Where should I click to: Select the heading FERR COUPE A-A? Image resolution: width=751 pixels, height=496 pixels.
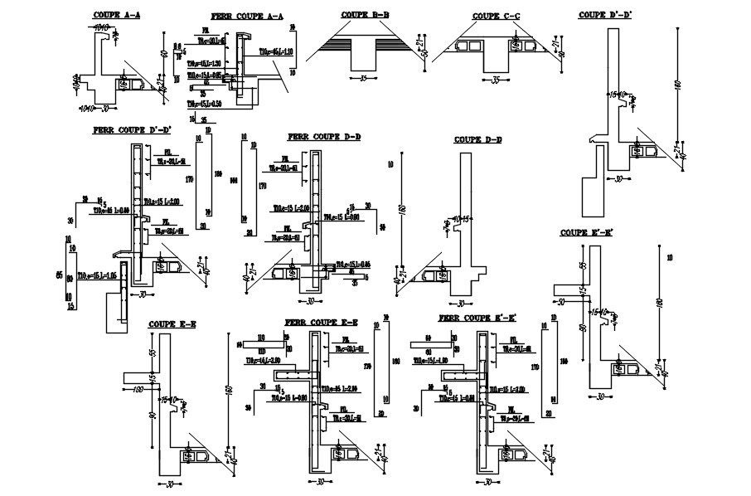247,16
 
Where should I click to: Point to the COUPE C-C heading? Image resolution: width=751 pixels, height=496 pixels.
496,16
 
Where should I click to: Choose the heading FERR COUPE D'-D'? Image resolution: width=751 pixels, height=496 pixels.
132,129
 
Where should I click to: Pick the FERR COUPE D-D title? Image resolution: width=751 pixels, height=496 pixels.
324,137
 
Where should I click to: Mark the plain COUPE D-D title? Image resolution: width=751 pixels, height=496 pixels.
478,140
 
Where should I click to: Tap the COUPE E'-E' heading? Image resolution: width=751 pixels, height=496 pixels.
587,233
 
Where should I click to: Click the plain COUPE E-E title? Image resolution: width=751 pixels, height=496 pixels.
172,324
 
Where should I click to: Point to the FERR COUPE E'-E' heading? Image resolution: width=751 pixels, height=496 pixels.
477,318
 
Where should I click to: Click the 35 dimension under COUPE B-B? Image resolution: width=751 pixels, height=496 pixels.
363,79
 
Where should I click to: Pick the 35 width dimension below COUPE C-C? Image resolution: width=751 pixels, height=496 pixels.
495,80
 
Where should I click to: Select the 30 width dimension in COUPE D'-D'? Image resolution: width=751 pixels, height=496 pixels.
618,177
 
